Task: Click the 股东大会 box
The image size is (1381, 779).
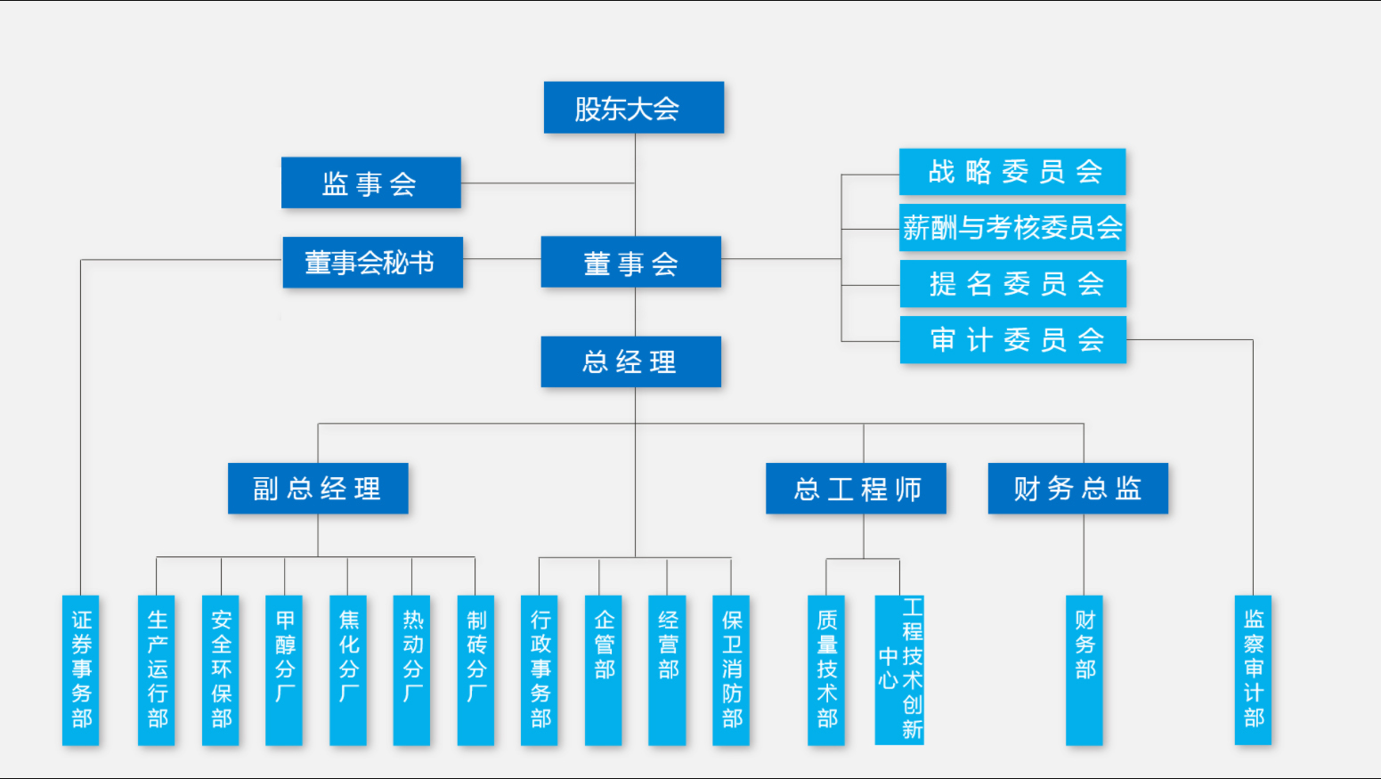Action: [634, 108]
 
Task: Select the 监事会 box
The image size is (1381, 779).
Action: [370, 183]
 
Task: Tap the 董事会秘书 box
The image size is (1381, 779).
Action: [372, 263]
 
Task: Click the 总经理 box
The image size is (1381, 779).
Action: [630, 361]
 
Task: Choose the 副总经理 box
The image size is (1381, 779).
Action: [318, 488]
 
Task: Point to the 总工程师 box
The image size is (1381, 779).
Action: [856, 488]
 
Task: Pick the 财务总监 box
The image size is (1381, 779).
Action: [1077, 488]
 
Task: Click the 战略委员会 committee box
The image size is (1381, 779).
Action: [1012, 172]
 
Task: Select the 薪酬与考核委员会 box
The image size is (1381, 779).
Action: [1012, 228]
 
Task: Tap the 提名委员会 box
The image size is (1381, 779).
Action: [1013, 284]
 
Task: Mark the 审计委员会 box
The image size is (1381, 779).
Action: [1013, 340]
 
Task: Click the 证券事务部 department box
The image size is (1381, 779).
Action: [81, 669]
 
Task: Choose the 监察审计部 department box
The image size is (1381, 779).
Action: [1253, 669]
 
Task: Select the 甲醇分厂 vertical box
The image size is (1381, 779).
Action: [284, 669]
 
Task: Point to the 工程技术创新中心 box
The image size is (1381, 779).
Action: [899, 669]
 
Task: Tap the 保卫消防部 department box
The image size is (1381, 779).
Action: [731, 669]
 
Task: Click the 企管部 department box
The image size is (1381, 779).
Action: [604, 669]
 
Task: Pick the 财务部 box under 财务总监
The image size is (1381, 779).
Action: [1084, 669]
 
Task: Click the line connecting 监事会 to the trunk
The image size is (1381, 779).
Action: [548, 183]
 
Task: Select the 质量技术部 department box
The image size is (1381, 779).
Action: [826, 669]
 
